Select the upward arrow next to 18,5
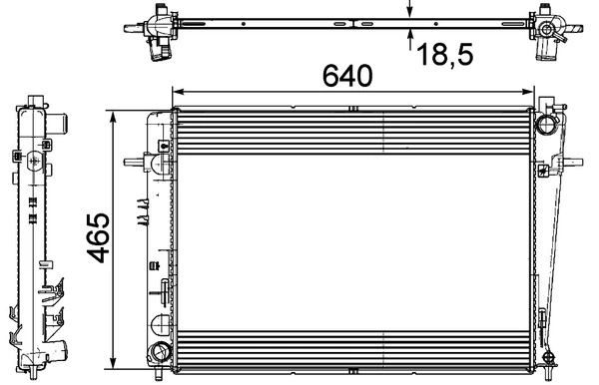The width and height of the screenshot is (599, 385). [x=410, y=38]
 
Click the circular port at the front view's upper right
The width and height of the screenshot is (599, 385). [x=546, y=125]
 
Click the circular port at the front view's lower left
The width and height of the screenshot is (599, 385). [x=159, y=351]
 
